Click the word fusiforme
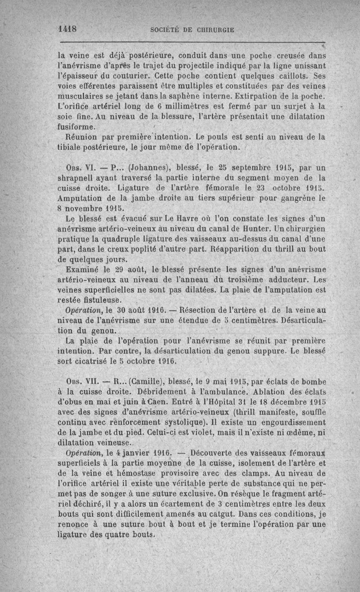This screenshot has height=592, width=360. [x=77, y=127]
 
